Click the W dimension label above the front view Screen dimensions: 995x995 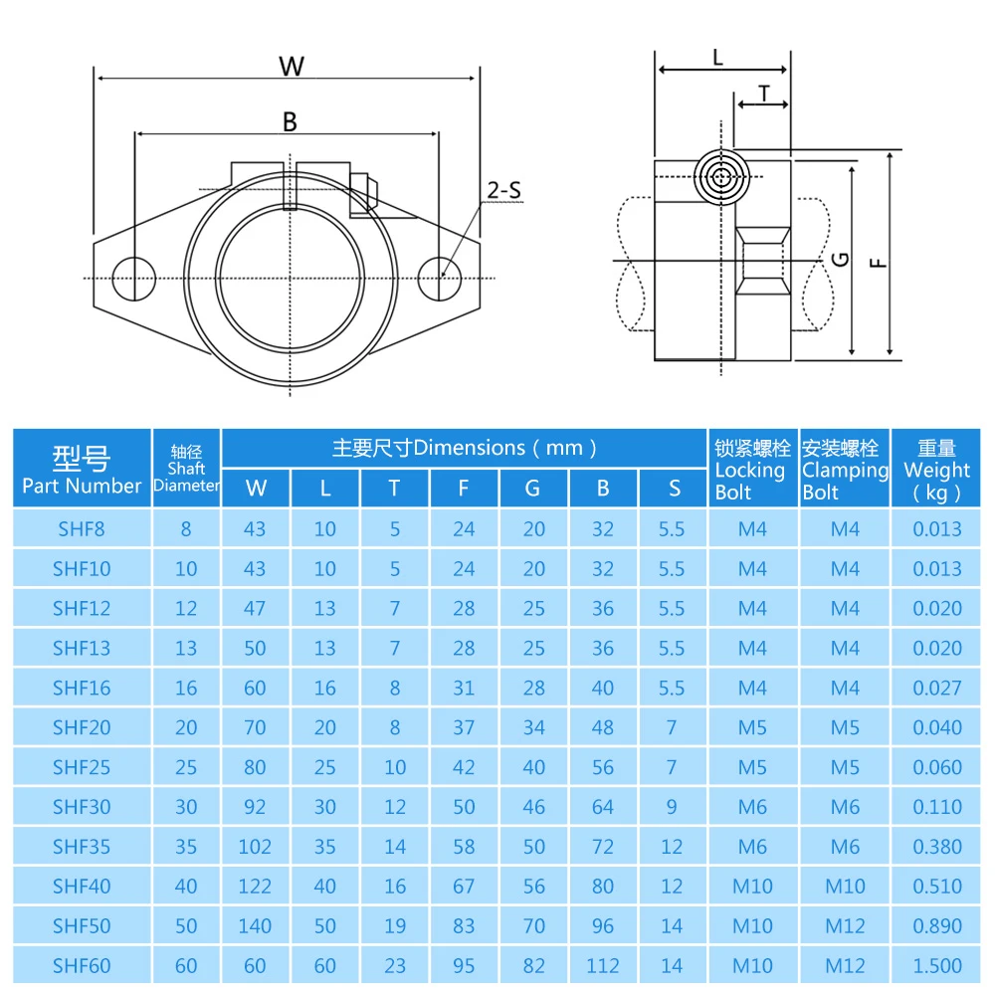[x=291, y=67]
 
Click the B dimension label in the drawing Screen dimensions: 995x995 [x=290, y=121]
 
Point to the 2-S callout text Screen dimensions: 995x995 [x=504, y=189]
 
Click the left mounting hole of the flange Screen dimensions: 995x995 [x=132, y=277]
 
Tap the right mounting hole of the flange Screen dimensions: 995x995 [x=439, y=277]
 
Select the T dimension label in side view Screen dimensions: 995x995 [x=763, y=94]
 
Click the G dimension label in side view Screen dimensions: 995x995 [x=841, y=259]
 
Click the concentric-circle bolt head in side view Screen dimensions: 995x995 [x=721, y=179]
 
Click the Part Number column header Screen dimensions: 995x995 [x=82, y=469]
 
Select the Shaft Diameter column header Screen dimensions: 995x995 [x=186, y=469]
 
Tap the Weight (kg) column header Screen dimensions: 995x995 [x=936, y=469]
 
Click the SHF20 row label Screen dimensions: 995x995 [x=82, y=727]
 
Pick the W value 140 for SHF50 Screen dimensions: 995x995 [x=256, y=925]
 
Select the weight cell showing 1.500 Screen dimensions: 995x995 [x=937, y=965]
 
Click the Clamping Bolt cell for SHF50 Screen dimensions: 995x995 [x=845, y=925]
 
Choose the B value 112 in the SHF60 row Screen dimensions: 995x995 [x=603, y=965]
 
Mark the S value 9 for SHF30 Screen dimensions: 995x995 [x=673, y=807]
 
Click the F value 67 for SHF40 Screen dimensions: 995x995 [x=464, y=886]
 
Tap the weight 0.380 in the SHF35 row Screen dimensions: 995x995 [x=937, y=847]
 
